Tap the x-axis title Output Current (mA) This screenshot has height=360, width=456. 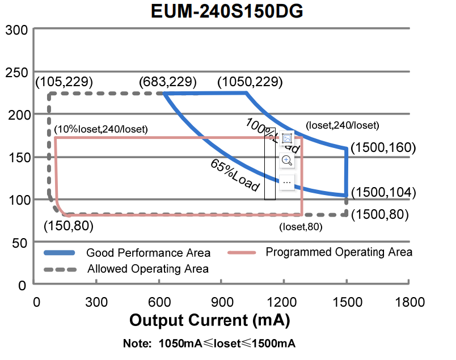210,320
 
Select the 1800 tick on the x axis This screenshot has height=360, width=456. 409,301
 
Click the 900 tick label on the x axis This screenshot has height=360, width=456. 222,301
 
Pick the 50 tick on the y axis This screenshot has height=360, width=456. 20,243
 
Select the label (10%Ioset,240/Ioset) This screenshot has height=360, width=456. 100,129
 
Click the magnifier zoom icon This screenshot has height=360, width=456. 287,160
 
